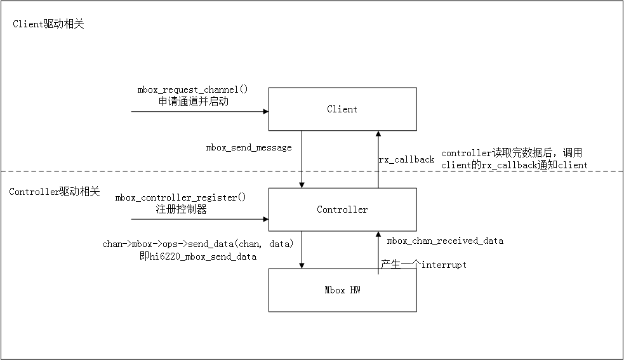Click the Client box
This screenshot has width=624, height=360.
click(x=342, y=109)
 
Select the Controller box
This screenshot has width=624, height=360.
click(x=342, y=210)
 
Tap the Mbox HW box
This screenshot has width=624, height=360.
click(x=342, y=290)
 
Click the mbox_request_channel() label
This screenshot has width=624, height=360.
click(x=192, y=90)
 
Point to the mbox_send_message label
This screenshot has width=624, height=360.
click(x=249, y=147)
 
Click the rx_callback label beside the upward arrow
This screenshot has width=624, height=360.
click(x=406, y=159)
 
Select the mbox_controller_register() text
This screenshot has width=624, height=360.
click(x=181, y=197)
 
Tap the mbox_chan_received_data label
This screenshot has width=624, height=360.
click(x=445, y=241)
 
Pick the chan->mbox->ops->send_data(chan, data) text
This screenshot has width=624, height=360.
click(x=198, y=244)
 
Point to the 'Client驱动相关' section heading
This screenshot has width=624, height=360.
click(x=48, y=24)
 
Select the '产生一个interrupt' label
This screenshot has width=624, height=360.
click(x=423, y=264)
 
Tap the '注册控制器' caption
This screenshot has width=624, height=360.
click(x=181, y=210)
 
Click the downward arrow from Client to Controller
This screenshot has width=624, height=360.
click(x=302, y=159)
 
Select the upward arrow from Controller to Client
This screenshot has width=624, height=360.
click(x=378, y=159)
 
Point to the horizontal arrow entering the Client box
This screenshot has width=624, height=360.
click(x=199, y=112)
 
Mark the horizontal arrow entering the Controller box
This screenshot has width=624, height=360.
click(x=199, y=220)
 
